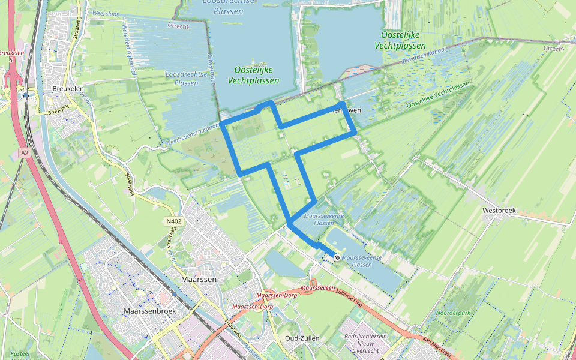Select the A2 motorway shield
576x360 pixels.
(24, 154)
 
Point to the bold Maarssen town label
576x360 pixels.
(197, 279)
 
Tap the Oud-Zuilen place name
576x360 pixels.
(302, 338)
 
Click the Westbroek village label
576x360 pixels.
(499, 211)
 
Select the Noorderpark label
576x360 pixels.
(454, 313)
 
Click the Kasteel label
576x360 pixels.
(20, 354)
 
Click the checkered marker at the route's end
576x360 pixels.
(337, 257)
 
